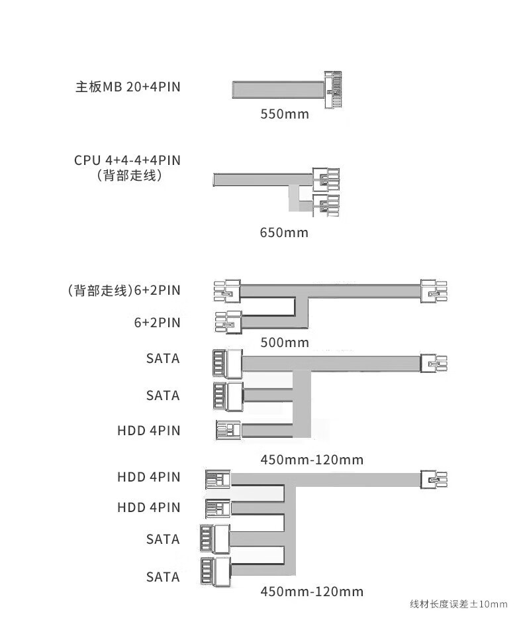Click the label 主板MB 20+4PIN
coord(128,87)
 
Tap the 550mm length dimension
coord(285,114)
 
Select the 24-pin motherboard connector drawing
coord(333,89)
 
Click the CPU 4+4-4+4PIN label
coord(127,160)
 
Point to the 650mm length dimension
coord(284,233)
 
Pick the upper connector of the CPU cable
coord(326,180)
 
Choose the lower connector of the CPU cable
coord(326,205)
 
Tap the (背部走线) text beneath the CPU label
coord(129,176)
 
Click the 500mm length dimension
coord(285,342)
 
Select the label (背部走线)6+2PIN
coord(124,291)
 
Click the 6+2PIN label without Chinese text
coord(157,323)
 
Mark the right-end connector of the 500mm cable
coord(434,291)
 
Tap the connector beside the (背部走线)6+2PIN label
coord(227,291)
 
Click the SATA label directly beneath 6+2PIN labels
coord(163,358)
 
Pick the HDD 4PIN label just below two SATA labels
coord(149,431)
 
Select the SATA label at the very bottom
coord(163,577)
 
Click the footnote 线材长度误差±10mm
coord(459,604)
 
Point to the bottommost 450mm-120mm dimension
coord(312,592)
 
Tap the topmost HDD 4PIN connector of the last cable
coord(218,479)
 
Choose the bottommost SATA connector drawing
coord(214,572)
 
